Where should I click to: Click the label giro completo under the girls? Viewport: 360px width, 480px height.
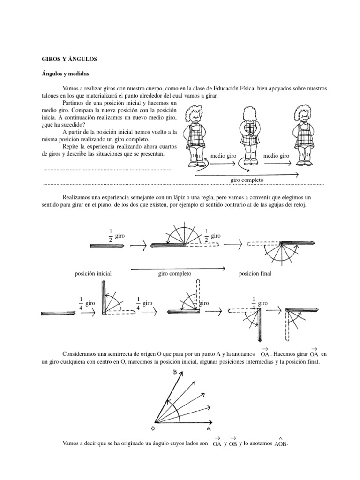[x=247, y=180]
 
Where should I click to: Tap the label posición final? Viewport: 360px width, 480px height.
[x=255, y=273]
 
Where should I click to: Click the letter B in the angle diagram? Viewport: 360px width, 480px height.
[x=174, y=372]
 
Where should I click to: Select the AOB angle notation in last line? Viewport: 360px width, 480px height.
[x=280, y=443]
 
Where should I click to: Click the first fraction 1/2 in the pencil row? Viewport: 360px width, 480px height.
[x=110, y=236]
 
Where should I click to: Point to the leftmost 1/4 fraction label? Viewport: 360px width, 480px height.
[x=81, y=304]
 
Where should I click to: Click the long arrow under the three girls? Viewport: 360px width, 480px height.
[x=247, y=175]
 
